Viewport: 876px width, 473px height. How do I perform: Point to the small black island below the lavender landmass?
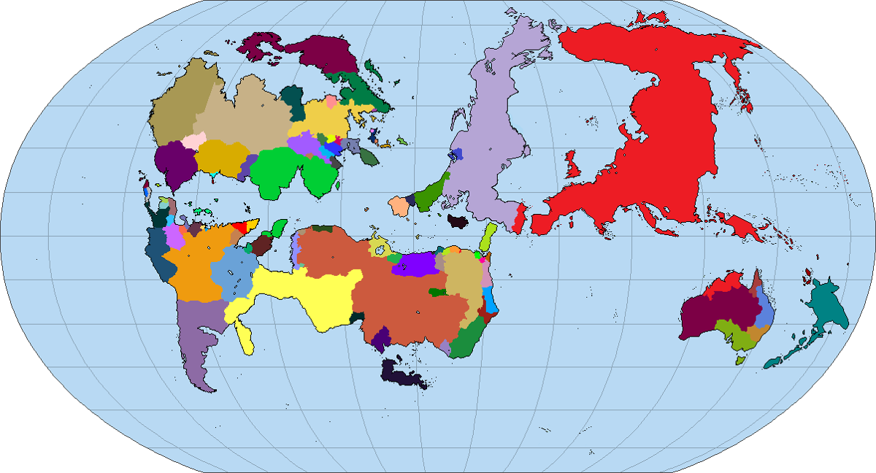(458, 221)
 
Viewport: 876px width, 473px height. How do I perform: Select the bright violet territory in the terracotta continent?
(417, 264)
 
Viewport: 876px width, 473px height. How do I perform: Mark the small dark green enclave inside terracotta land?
(437, 292)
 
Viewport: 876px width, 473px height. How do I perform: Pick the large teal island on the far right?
(829, 306)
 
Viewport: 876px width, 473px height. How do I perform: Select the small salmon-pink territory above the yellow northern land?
(331, 101)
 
